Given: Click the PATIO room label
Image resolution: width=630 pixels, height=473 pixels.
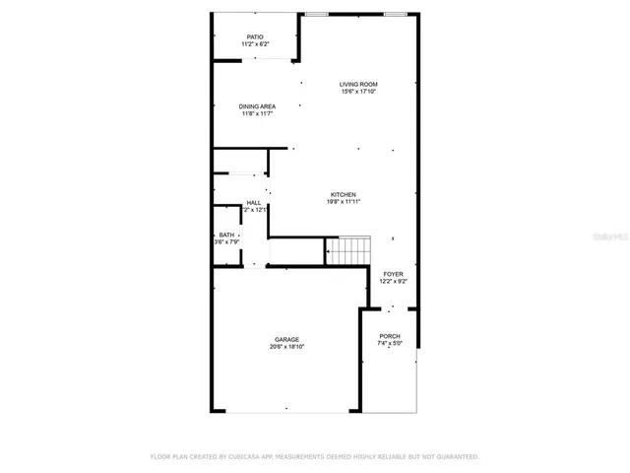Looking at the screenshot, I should point(256,37).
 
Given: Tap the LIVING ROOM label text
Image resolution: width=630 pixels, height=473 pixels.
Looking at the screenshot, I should point(358,85).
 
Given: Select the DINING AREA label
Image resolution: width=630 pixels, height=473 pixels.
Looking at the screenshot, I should point(257,106).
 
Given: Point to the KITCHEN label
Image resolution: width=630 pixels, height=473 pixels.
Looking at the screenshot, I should point(343,195).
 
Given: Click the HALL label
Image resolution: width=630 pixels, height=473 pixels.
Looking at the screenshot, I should point(254,202).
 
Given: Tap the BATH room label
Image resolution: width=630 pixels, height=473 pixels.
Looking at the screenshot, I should point(226,235).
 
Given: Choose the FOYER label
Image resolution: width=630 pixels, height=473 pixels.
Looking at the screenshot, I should point(393,274).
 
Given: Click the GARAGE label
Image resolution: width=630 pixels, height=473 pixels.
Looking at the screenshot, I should point(286,340).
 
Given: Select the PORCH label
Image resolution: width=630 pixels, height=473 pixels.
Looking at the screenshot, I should point(390,337).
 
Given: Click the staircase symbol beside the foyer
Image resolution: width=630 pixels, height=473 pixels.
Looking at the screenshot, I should point(348,251).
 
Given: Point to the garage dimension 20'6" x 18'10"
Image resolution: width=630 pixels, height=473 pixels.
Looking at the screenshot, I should point(286,347).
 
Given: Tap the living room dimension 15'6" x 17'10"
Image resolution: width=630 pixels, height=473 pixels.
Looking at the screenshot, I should point(358,93).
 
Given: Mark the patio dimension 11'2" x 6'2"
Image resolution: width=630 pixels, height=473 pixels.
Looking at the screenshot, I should point(256,44).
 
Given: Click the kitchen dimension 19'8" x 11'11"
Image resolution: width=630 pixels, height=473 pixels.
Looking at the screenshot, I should point(343,203).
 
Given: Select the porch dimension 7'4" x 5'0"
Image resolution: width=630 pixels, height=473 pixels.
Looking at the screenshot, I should point(390,345).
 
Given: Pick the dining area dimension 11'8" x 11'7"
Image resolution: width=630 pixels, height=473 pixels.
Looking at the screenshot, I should point(257,114).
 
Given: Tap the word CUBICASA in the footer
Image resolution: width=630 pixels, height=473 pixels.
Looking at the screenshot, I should point(252,457).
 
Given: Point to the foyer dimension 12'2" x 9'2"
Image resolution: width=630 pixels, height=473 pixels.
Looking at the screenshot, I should point(393,282).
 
